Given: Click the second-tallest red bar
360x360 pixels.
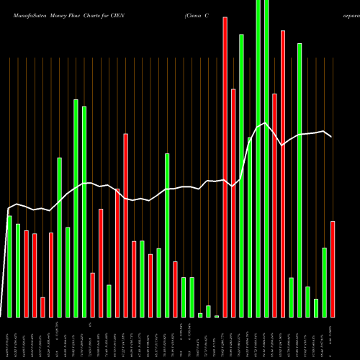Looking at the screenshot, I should click(283, 174).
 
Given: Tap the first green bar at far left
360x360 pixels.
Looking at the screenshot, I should click(10, 266).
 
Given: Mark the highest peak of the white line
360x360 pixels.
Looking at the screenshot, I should click(266, 124).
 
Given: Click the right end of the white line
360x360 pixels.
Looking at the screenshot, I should click(331, 137).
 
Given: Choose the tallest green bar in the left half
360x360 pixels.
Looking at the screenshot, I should click(76, 208).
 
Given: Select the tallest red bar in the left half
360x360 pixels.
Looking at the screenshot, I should click(125, 225).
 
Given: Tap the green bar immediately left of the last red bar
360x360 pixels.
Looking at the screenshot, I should click(324, 282).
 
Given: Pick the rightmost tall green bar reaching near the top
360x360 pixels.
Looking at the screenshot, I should click(300, 180).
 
